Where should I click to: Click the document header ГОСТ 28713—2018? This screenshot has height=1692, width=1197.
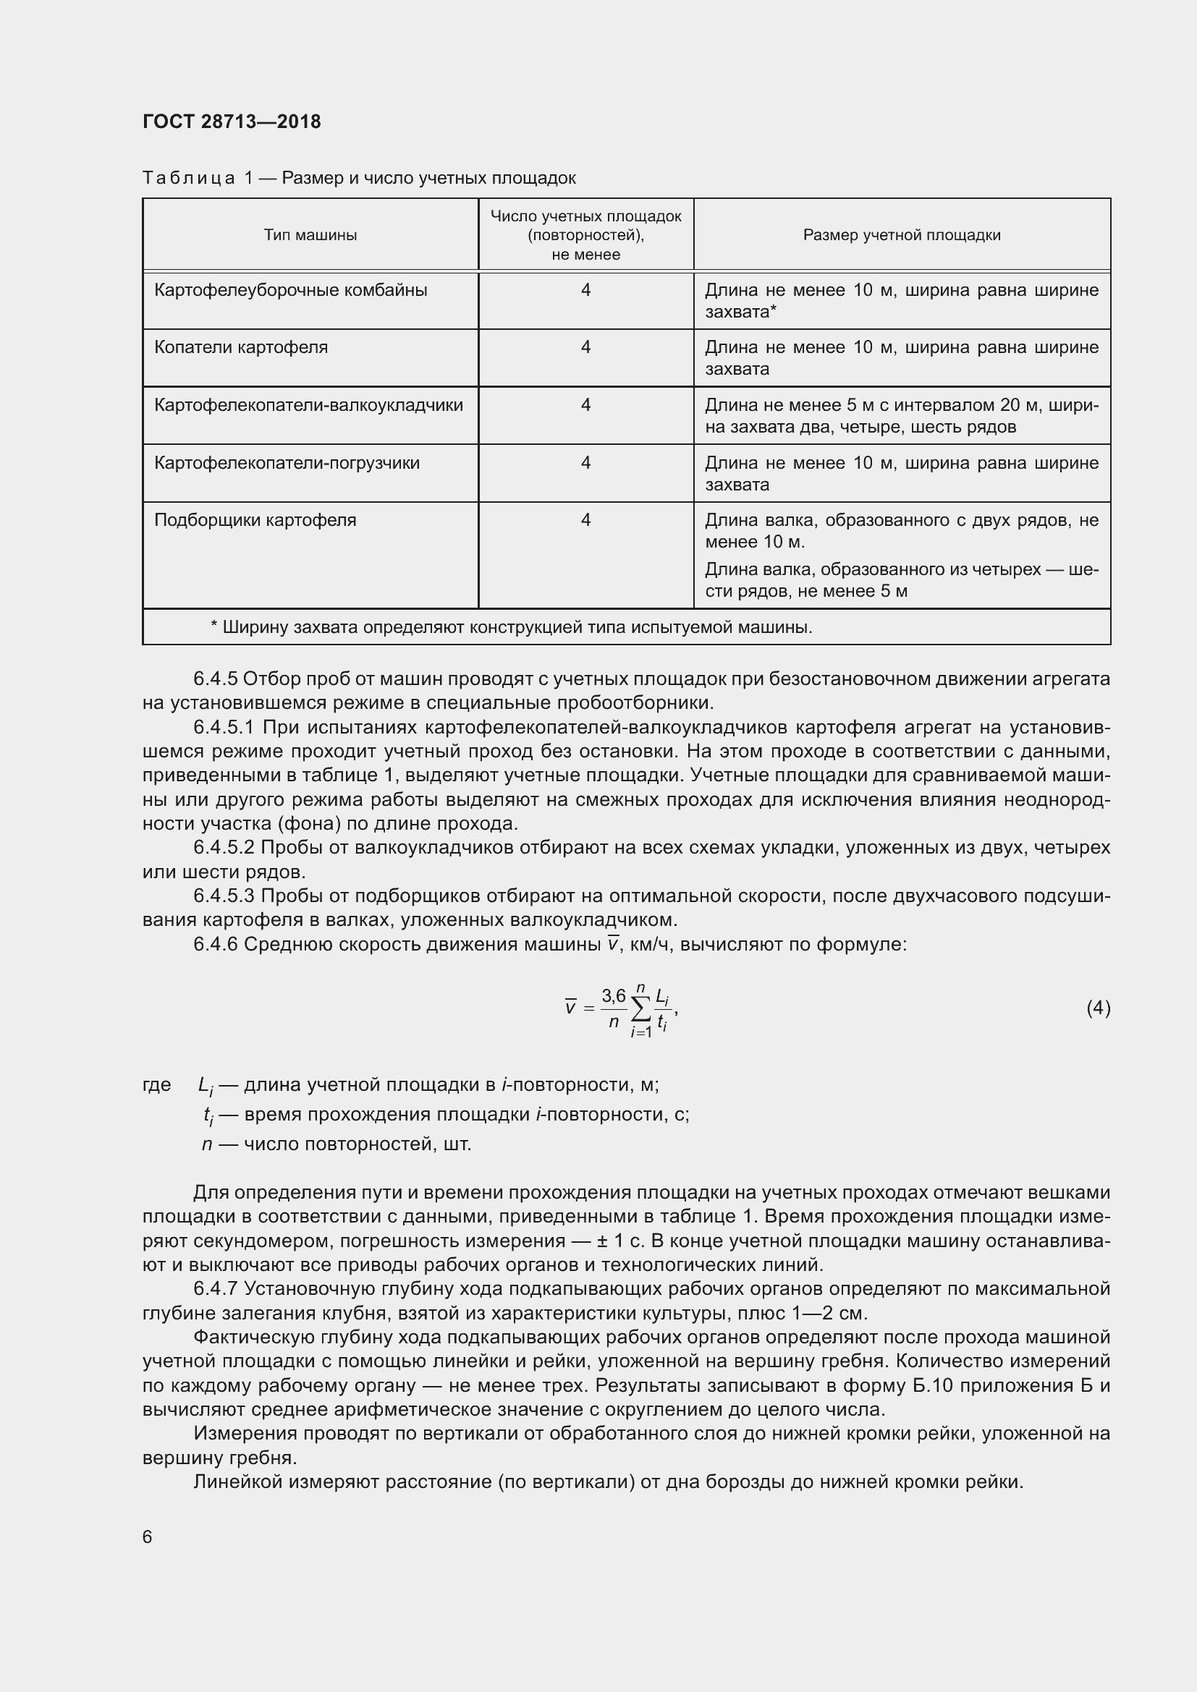[x=232, y=122]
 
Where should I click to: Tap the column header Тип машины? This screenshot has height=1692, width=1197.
[x=310, y=235]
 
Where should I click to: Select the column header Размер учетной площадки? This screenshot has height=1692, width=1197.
[x=902, y=235]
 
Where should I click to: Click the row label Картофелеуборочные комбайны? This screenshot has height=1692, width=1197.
[x=290, y=289]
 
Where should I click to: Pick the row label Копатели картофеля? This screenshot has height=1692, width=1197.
[x=240, y=347]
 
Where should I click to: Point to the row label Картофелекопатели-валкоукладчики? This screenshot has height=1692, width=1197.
[x=308, y=404]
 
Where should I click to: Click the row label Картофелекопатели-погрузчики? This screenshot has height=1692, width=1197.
[x=287, y=463]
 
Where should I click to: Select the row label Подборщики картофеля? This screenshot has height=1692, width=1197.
[x=255, y=520]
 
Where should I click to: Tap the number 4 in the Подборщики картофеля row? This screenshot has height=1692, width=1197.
[x=585, y=520]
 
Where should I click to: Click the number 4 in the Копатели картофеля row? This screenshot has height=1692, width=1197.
[x=585, y=347]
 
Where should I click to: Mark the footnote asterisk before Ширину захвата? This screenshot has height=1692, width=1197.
[x=213, y=626]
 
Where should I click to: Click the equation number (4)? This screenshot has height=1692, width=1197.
[x=1098, y=1008]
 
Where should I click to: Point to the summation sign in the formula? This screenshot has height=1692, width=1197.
[x=641, y=1009]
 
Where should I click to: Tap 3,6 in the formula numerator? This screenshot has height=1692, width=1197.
[x=613, y=996]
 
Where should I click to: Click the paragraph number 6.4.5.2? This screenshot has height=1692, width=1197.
[x=224, y=848]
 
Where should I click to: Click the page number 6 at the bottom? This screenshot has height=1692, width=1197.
[x=148, y=1536]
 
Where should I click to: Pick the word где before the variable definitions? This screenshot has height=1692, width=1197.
[x=156, y=1085]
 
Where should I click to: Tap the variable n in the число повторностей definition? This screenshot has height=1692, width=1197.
[x=207, y=1144]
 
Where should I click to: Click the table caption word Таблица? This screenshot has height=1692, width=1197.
[x=189, y=179]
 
